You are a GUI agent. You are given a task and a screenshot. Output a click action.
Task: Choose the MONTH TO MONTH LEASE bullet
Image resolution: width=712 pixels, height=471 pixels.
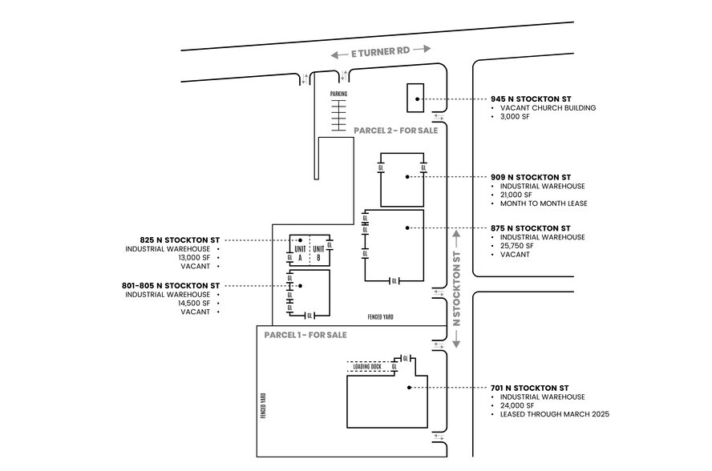point(544,203)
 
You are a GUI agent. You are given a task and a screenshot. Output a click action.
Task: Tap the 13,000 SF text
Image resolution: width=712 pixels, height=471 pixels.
point(195,258)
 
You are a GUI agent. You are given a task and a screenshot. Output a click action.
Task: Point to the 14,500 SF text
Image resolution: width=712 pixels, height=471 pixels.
point(195,303)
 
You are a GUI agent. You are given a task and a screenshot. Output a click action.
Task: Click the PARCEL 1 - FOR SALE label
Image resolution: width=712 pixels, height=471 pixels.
point(305,335)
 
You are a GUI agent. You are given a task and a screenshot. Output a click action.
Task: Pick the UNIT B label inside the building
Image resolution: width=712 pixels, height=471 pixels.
point(318,253)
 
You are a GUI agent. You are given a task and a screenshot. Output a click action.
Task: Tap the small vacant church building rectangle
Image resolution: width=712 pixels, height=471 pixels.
point(416,98)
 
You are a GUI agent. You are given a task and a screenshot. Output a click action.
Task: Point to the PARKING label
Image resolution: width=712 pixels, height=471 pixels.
point(338,94)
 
